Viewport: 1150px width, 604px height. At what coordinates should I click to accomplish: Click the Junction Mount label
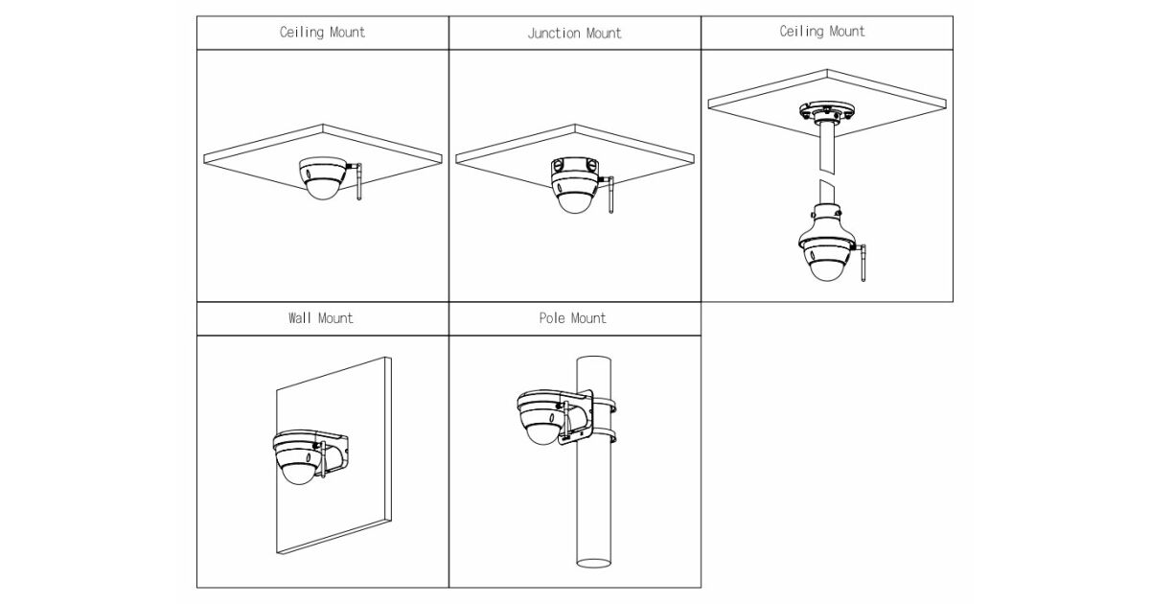[x=574, y=33]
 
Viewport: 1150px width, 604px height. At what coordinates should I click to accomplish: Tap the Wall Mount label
[x=321, y=317]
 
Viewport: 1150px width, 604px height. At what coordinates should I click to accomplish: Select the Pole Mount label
[x=573, y=317]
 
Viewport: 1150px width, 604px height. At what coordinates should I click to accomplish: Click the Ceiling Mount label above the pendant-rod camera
[x=821, y=32]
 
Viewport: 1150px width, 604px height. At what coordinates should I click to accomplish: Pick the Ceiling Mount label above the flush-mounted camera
[x=322, y=32]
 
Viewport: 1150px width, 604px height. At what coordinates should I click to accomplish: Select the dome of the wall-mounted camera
[x=299, y=470]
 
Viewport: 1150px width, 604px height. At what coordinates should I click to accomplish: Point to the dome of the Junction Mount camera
[x=576, y=201]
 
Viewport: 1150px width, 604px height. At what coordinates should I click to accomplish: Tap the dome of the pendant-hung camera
[x=825, y=266]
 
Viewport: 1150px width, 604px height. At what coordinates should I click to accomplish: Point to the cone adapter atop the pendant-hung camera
[x=825, y=210]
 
